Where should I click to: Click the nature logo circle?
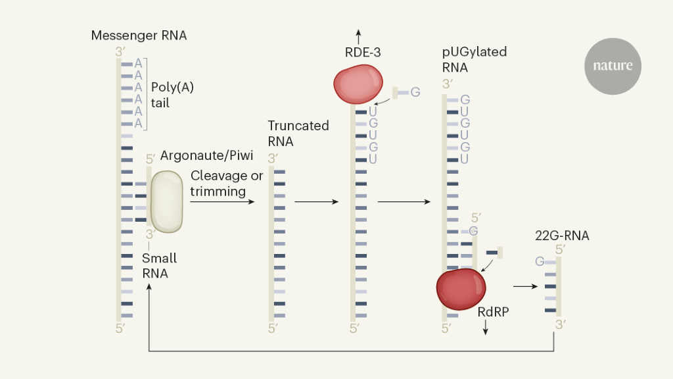tap(613, 66)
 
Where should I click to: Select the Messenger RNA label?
tap(139, 36)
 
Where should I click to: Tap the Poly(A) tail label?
tap(172, 95)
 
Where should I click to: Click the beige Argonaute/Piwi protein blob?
tap(167, 201)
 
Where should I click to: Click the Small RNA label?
tap(159, 265)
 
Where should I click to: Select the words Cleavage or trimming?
tap(227, 184)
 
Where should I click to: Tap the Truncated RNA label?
tap(298, 133)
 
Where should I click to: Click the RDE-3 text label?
tap(363, 53)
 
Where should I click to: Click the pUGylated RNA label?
tap(475, 59)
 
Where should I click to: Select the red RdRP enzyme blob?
tap(461, 288)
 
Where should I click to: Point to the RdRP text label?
tap(493, 313)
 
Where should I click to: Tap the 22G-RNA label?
tap(563, 235)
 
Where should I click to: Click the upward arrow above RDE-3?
tap(358, 35)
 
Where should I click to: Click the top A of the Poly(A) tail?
tap(138, 64)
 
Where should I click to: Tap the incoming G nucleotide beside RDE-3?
tap(415, 92)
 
